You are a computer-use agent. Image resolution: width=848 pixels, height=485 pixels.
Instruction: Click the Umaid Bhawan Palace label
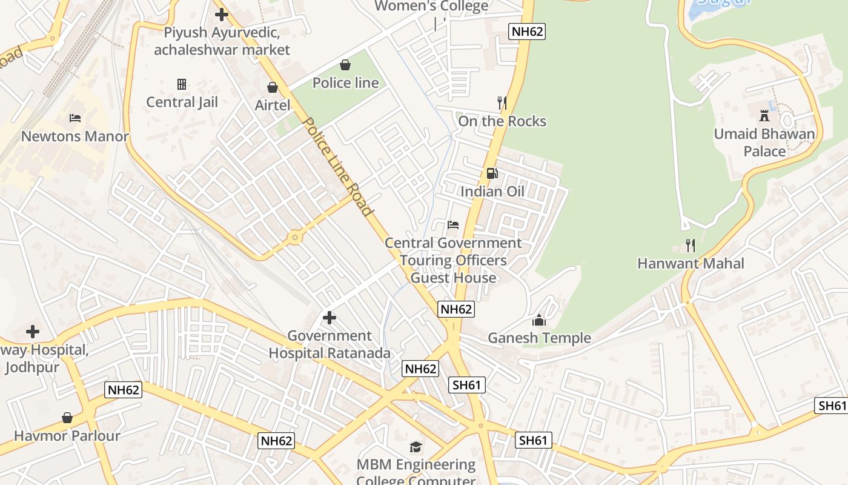pyautogui.click(x=764, y=142)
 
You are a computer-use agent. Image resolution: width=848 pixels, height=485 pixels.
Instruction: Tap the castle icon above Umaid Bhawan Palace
pyautogui.click(x=764, y=115)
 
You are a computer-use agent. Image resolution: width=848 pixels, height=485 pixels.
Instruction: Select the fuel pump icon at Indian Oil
pyautogui.click(x=492, y=173)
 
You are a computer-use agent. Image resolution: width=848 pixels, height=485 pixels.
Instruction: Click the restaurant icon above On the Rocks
pyautogui.click(x=502, y=103)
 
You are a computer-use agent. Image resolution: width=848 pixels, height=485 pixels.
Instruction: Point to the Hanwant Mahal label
pyautogui.click(x=691, y=264)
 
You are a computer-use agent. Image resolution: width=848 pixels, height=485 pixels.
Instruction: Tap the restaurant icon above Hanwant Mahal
pyautogui.click(x=690, y=246)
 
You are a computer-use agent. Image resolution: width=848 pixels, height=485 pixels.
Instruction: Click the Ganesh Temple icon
pyautogui.click(x=539, y=320)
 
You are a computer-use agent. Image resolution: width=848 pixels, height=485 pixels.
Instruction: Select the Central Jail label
pyautogui.click(x=182, y=102)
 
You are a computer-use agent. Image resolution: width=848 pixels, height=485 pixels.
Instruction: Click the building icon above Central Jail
pyautogui.click(x=181, y=84)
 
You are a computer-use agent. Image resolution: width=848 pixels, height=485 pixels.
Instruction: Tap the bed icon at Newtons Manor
pyautogui.click(x=75, y=118)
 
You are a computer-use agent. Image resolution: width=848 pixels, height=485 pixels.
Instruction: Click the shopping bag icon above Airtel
pyautogui.click(x=273, y=87)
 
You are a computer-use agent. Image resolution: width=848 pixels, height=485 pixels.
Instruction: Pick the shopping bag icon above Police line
pyautogui.click(x=345, y=64)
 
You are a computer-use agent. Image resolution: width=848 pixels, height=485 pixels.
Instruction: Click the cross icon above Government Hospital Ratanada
pyautogui.click(x=330, y=317)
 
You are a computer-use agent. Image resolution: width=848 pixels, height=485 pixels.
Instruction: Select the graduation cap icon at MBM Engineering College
pyautogui.click(x=416, y=447)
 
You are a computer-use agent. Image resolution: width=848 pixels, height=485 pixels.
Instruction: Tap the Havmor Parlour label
pyautogui.click(x=67, y=436)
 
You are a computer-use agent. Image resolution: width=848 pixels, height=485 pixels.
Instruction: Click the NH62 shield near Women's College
pyautogui.click(x=526, y=32)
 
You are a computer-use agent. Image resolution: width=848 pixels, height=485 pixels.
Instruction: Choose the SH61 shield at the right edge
pyautogui.click(x=831, y=406)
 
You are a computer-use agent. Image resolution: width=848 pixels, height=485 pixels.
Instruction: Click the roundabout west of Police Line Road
pyautogui.click(x=295, y=238)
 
